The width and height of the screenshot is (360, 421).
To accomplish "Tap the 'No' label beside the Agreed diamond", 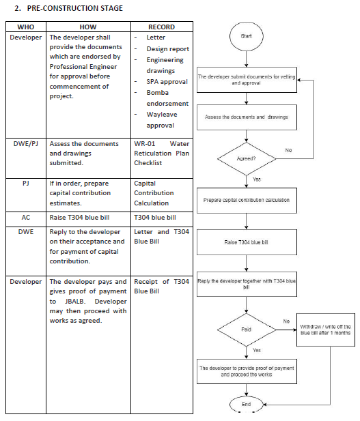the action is [x=288, y=150].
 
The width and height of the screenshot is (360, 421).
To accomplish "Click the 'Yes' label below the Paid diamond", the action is [x=257, y=350].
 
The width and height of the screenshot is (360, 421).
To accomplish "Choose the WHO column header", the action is [x=26, y=27].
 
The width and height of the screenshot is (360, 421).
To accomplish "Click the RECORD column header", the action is [x=162, y=27].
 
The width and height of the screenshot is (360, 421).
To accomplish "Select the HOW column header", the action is [x=88, y=27].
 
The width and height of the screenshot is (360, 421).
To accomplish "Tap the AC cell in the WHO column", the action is [x=26, y=217].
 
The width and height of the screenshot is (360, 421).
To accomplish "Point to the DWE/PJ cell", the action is [x=26, y=144].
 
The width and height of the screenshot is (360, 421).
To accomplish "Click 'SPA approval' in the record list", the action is [x=167, y=82].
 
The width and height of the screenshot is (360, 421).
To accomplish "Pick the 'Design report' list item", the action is [x=168, y=49].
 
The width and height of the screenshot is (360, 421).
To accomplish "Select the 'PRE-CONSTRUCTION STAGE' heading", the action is [x=75, y=8].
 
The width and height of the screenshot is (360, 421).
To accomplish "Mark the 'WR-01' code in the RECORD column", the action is [x=145, y=144].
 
